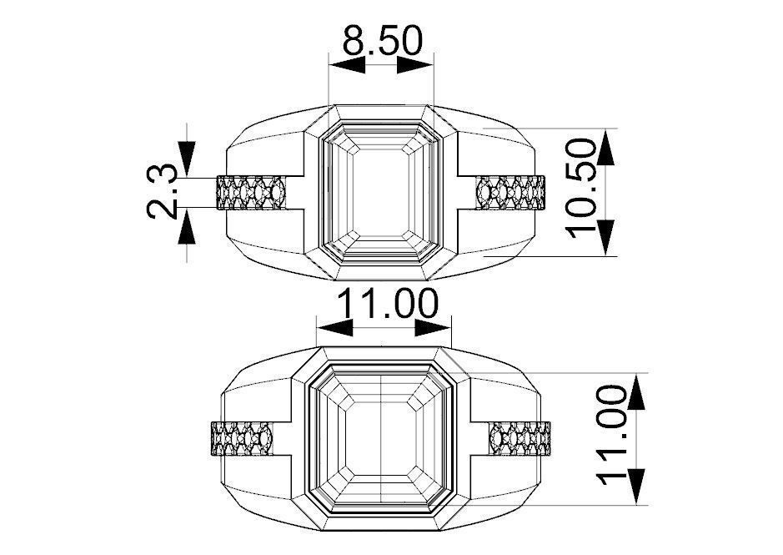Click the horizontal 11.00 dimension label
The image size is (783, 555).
point(388,304)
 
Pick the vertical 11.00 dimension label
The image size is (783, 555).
point(612,435)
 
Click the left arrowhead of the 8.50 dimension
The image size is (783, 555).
point(347,64)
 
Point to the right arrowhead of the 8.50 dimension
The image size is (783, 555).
point(415,64)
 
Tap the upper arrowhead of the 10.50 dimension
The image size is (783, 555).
point(606,147)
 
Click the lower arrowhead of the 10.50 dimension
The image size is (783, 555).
point(606,238)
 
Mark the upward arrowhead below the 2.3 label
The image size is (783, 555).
point(187,226)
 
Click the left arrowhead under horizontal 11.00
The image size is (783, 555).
point(335,329)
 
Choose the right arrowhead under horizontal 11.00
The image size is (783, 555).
point(433,329)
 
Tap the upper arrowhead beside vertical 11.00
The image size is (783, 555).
point(637,391)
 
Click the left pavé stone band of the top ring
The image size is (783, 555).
point(251,193)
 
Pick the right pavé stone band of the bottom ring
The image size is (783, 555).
point(520,438)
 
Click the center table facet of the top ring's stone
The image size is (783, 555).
point(381,193)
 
